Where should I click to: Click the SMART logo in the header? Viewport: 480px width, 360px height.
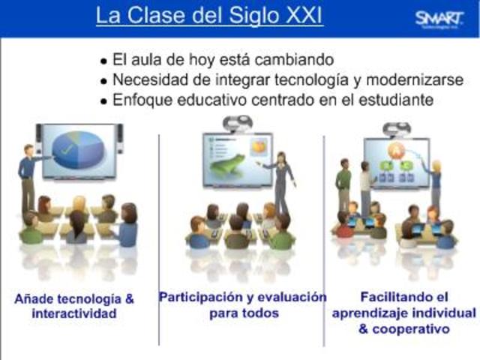(x=439, y=19)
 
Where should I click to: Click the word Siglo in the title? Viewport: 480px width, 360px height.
(x=244, y=16)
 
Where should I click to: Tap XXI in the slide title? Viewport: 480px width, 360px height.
(x=300, y=16)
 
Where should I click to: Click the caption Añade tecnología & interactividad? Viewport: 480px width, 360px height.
(x=74, y=306)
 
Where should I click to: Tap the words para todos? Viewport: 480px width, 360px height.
(x=243, y=313)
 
